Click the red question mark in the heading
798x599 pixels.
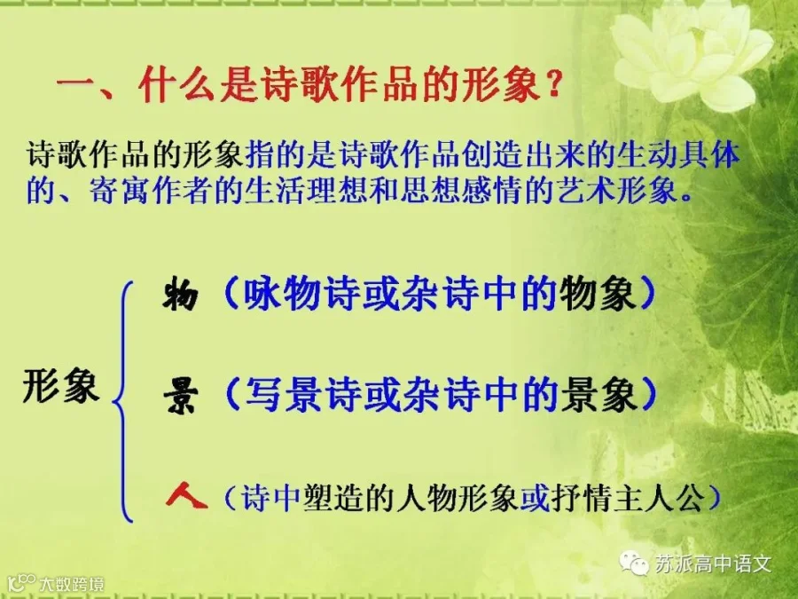(552, 83)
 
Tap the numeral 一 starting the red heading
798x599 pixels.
(75, 83)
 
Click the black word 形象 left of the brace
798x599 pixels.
(60, 385)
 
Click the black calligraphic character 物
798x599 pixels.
(180, 295)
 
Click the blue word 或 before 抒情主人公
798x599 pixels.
(535, 497)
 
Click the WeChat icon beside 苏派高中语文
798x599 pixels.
(634, 562)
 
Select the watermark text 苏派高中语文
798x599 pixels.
(713, 564)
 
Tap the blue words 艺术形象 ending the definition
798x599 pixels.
(617, 190)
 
